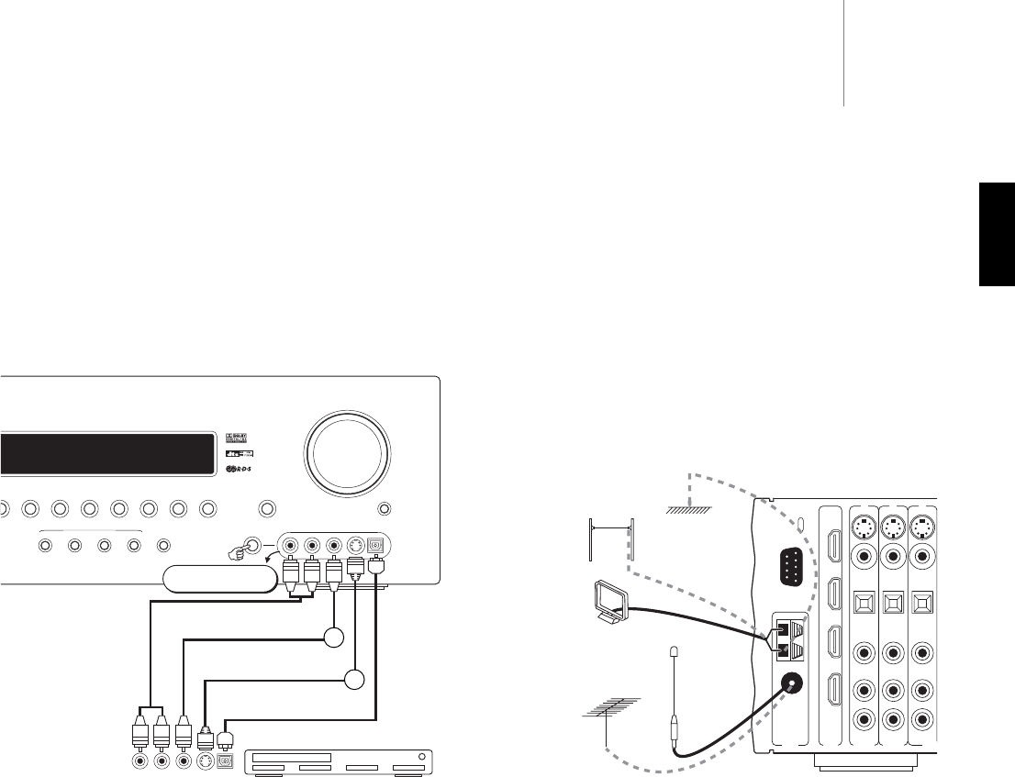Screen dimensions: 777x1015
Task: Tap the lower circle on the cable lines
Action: click(x=353, y=680)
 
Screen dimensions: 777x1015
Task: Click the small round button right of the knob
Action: click(x=385, y=506)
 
